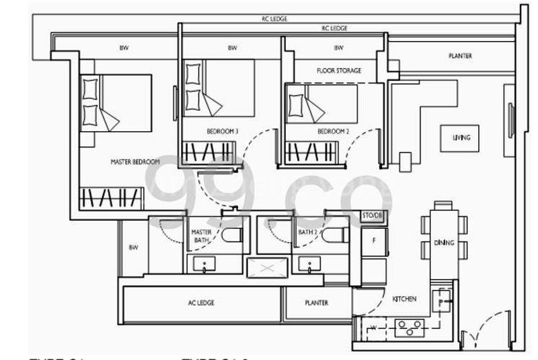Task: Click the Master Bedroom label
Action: point(135,162)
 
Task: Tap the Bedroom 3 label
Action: point(222,132)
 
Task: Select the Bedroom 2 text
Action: point(333,132)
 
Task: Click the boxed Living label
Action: point(461,138)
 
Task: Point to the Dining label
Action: point(445,242)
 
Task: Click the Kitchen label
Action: point(405,299)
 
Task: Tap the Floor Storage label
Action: point(339,71)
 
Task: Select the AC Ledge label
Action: point(201,303)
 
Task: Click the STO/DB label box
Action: point(372,215)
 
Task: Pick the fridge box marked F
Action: point(374,240)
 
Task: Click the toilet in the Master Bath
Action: point(232,236)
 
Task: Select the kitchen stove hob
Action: point(409,328)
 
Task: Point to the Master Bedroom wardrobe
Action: point(112,198)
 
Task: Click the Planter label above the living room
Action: point(460,56)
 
